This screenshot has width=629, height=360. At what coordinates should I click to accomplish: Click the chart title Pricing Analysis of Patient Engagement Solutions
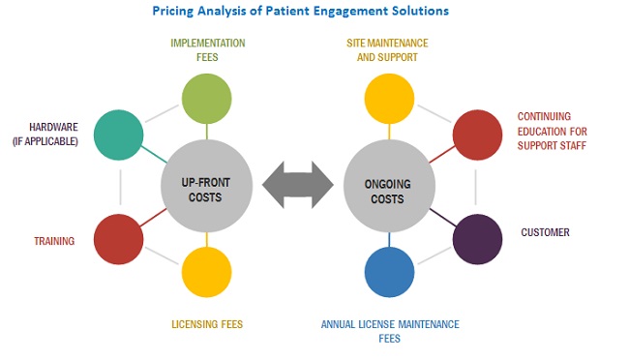pos(300,11)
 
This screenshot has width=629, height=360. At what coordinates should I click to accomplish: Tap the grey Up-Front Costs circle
pos(206,186)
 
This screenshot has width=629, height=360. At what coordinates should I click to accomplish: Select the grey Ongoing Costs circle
pos(389,186)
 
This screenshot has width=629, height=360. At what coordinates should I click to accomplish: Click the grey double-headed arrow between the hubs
pos(298,185)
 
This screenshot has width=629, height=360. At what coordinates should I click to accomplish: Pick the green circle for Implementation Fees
pos(206,99)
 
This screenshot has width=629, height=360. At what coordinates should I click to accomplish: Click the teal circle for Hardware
pos(118,135)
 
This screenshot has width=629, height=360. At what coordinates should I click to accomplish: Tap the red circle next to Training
pos(118,239)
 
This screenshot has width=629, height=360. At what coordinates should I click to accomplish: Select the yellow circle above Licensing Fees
pos(206,272)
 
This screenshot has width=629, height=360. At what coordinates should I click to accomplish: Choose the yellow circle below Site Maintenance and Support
pos(389,99)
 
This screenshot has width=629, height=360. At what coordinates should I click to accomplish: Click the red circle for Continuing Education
pos(477,135)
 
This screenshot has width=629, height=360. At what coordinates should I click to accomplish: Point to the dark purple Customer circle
pos(477,239)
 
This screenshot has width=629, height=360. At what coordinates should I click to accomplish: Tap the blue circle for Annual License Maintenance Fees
pos(389,272)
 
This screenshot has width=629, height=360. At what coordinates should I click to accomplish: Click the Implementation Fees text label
pos(208,50)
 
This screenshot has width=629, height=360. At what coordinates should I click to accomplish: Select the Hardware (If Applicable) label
pos(45,135)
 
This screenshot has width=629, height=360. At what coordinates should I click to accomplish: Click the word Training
pos(54,241)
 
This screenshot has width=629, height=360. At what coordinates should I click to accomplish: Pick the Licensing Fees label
pos(207,324)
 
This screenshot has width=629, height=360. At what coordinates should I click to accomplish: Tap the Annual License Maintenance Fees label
pos(390,332)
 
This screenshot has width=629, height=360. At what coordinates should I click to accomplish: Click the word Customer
pos(545,232)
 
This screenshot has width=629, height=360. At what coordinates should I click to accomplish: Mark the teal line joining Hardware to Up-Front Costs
pos(154,155)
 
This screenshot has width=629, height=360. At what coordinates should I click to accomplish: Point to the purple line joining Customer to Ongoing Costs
pos(443,218)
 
